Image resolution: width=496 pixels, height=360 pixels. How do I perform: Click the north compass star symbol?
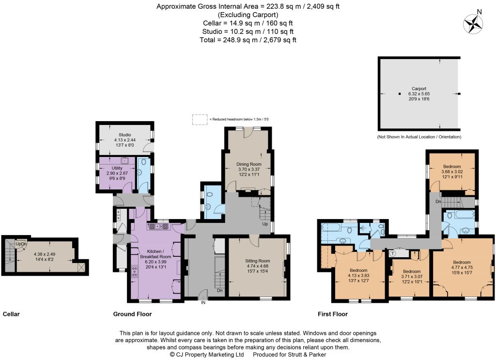click(x=473, y=24)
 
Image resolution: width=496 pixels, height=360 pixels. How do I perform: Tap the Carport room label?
click(x=419, y=89)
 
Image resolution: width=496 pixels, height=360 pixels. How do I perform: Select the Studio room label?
click(x=124, y=135)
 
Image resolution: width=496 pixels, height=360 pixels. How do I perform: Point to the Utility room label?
click(x=117, y=168)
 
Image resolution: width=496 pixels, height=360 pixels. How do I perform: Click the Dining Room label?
click(x=249, y=164)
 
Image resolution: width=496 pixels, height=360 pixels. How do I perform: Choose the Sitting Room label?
click(x=258, y=261)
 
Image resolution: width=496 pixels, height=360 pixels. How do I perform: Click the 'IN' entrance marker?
click(x=203, y=303)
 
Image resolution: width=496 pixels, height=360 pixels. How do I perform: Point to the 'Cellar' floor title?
click(x=11, y=314)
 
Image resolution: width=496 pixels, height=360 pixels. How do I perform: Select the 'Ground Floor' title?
click(x=133, y=314)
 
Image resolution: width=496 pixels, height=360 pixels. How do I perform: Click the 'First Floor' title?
click(x=332, y=314)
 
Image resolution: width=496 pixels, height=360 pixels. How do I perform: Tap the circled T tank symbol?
click(x=392, y=254)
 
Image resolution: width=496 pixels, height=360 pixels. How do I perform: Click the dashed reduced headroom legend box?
click(x=200, y=120)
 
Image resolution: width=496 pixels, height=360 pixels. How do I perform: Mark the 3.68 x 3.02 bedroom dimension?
click(x=452, y=172)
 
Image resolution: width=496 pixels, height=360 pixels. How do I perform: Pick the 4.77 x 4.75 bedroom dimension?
click(x=462, y=267)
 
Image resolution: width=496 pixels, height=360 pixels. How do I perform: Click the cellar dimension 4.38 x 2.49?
click(x=45, y=254)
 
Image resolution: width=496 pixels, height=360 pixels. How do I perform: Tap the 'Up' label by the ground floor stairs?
click(x=265, y=224)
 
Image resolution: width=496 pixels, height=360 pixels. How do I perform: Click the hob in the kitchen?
click(x=135, y=272)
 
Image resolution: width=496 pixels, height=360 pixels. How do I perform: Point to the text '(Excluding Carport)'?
click(x=248, y=15)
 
